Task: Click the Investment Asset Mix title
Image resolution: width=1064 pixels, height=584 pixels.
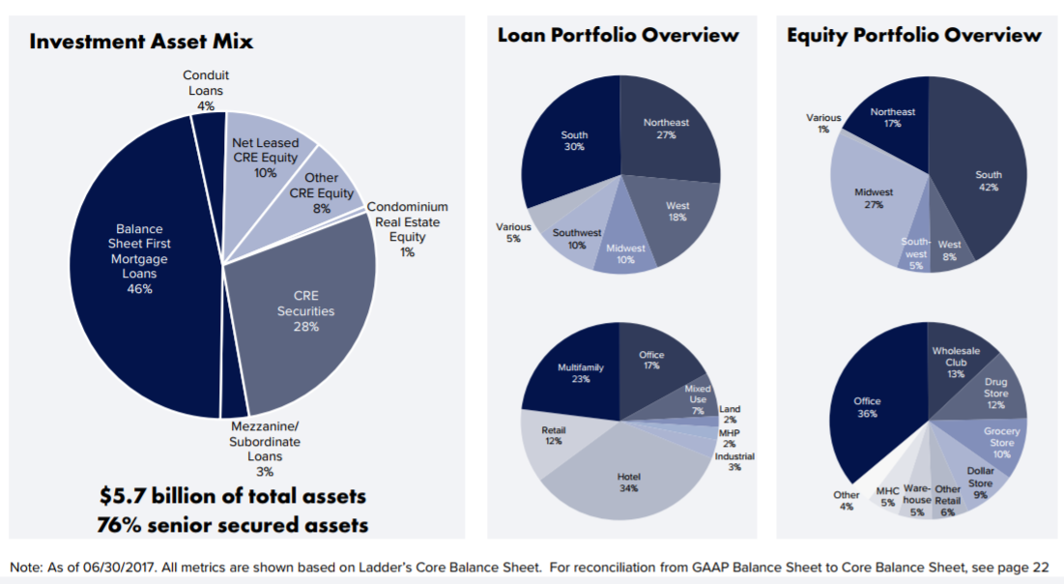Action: [x=141, y=42]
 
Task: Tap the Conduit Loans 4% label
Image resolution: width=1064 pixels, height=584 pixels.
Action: [x=205, y=90]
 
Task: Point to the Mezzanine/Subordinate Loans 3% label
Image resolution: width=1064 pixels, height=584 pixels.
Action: [x=265, y=449]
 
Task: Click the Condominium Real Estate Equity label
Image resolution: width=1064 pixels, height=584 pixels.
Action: [x=407, y=229]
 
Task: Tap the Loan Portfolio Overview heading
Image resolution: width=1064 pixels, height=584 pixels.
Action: [x=618, y=35]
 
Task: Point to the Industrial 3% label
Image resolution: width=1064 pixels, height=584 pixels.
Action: [x=734, y=461]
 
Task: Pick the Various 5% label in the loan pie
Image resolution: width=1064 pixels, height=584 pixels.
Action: [x=513, y=232]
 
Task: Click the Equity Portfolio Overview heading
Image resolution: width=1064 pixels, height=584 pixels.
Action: [x=914, y=35]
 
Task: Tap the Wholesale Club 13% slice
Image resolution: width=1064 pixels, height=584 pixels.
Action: [x=955, y=362]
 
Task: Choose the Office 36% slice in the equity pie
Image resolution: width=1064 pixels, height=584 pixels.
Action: [x=867, y=406]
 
